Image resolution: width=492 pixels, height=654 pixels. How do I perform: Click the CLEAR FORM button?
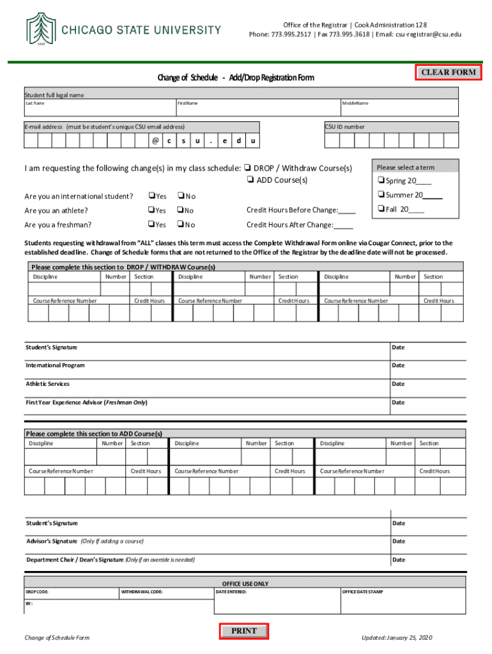pyautogui.click(x=449, y=72)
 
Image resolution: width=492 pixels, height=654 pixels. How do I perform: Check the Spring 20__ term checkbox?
pyautogui.click(x=380, y=181)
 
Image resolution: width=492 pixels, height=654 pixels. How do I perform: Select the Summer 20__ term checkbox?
pyautogui.click(x=380, y=195)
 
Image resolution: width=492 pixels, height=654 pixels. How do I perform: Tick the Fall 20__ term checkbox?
pyautogui.click(x=380, y=209)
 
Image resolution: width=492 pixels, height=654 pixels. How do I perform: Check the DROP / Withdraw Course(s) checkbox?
pyautogui.click(x=247, y=169)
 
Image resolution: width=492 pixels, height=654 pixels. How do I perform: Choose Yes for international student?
pyautogui.click(x=151, y=196)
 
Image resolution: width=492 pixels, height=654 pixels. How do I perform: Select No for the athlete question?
pyautogui.click(x=180, y=210)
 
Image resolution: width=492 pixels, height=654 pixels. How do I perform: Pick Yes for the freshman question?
pyautogui.click(x=151, y=224)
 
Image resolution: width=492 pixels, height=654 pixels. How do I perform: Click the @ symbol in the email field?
pyautogui.click(x=155, y=141)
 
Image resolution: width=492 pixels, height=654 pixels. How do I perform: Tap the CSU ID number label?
pyautogui.click(x=344, y=126)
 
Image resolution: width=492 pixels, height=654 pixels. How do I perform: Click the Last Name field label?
pyautogui.click(x=35, y=103)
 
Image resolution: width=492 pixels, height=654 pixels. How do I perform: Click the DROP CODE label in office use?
pyautogui.click(x=37, y=592)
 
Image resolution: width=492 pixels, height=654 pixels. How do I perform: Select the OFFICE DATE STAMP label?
pyautogui.click(x=362, y=592)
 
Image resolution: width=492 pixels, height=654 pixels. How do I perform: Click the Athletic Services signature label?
pyautogui.click(x=47, y=384)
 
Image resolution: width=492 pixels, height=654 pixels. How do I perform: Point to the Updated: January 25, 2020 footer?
pyautogui.click(x=397, y=637)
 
